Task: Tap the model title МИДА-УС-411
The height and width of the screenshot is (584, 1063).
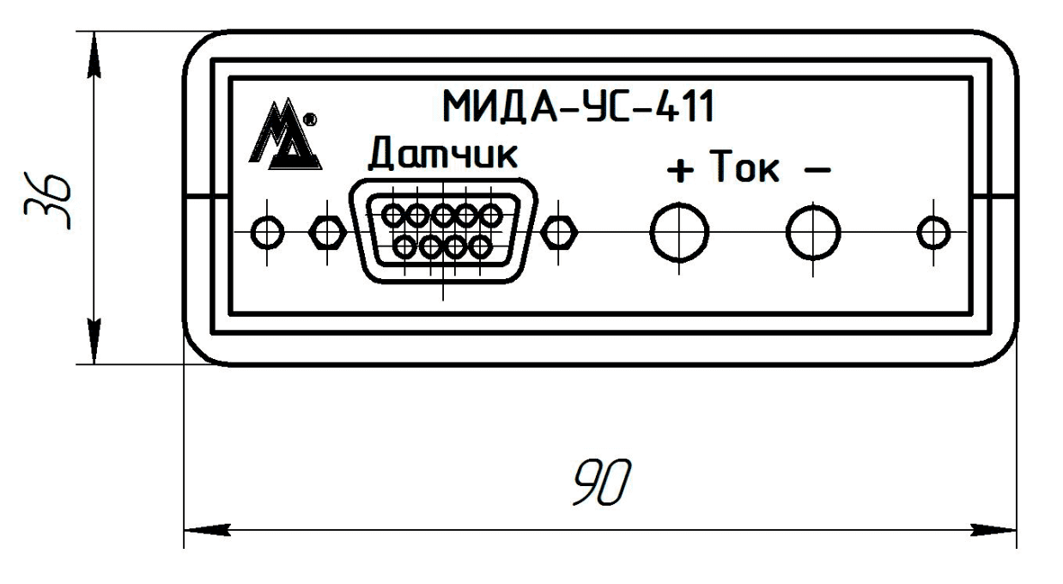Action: [x=578, y=108]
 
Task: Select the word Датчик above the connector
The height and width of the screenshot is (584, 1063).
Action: [x=444, y=156]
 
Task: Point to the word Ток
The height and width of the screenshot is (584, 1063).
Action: [x=744, y=170]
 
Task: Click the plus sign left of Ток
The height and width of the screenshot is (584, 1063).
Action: [x=680, y=173]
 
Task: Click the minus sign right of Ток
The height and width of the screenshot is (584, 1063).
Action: [x=817, y=171]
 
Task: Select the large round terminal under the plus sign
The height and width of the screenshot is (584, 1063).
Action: [x=679, y=231]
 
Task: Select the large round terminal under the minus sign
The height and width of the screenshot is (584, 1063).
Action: [x=814, y=231]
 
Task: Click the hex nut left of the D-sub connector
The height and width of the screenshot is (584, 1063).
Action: [x=326, y=231]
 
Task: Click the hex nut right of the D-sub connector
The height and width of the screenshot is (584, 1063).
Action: [x=561, y=231]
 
